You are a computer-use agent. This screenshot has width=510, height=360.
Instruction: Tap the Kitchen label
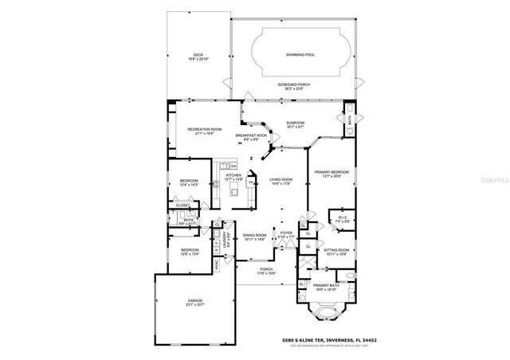[233, 178]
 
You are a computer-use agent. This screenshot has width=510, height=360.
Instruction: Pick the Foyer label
[285, 235]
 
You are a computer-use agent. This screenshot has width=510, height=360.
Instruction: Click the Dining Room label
[253, 237]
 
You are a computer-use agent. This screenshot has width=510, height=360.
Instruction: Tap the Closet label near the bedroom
[182, 205]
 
